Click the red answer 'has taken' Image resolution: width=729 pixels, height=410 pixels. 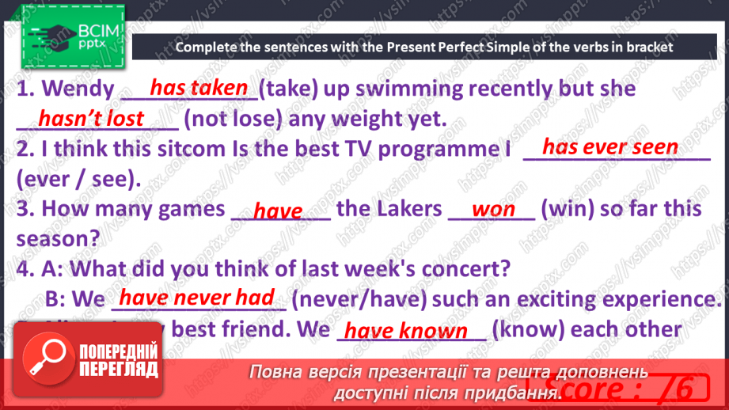coord(199,88)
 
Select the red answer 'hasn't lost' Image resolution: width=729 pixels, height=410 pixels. coord(91,119)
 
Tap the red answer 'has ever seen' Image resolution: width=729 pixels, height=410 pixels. coord(609,147)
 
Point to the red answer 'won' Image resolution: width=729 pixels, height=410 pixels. coord(493,210)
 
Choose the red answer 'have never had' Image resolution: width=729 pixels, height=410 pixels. coord(197,298)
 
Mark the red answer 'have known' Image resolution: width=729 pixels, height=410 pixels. coord(407,330)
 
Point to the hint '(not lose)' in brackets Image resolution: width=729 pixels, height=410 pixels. coord(232,120)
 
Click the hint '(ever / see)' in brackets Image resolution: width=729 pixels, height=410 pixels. coord(78,179)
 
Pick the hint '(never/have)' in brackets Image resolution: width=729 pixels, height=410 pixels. coord(359,299)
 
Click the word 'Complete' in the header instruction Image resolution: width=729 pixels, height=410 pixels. coord(207,47)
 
